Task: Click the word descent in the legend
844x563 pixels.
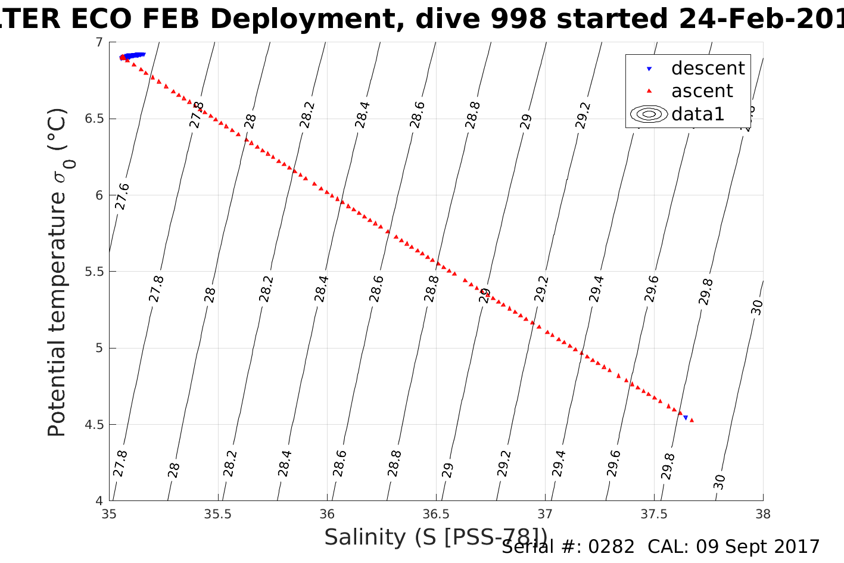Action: click(708, 69)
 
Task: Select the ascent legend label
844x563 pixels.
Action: click(702, 91)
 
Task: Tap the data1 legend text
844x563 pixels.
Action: click(697, 114)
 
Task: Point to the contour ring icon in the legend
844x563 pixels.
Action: click(649, 114)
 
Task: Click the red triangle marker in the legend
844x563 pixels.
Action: click(649, 91)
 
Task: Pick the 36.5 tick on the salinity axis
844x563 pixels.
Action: click(437, 514)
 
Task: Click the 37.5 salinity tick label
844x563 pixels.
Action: click(654, 514)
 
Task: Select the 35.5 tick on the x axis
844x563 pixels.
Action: click(218, 514)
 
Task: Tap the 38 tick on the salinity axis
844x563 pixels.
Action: click(763, 514)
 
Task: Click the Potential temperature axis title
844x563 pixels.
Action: click(58, 272)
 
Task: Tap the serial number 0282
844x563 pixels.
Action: click(611, 547)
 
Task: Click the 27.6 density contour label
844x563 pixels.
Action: click(122, 197)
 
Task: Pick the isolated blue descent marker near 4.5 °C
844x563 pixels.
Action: click(686, 418)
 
